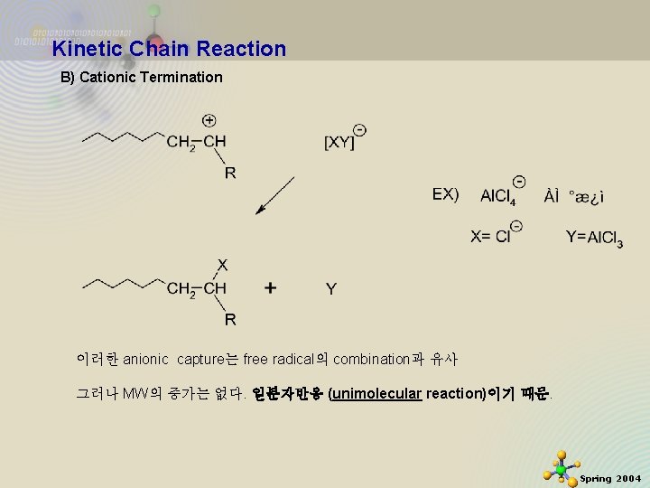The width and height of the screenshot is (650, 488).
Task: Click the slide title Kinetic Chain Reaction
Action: [169, 49]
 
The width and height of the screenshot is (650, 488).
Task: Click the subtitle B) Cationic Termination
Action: [141, 77]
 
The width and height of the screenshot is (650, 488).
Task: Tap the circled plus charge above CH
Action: [209, 120]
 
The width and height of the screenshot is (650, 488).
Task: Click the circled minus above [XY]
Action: [360, 129]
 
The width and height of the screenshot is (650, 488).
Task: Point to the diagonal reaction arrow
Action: [275, 195]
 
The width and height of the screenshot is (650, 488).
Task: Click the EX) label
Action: [445, 193]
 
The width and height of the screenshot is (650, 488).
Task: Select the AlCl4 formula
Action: [498, 196]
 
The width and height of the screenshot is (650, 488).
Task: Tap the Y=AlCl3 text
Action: [594, 238]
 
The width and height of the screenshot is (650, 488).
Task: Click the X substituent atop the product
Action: [222, 265]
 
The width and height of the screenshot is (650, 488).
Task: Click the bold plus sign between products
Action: [271, 288]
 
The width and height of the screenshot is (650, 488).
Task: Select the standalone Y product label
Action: [331, 289]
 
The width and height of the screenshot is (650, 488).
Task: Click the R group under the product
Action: [230, 318]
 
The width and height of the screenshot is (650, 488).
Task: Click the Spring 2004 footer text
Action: [610, 478]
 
